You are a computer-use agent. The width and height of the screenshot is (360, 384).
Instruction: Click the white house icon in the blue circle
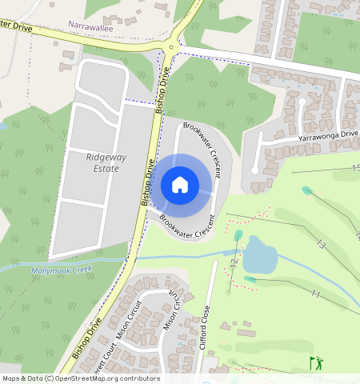[x=180, y=185]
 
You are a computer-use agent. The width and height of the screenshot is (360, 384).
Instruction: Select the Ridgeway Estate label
[x=106, y=163]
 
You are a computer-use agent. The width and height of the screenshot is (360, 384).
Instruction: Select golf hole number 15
[x=355, y=168]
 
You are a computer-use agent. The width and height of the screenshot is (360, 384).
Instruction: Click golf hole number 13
[x=321, y=244]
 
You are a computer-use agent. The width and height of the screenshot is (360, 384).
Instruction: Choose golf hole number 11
[x=315, y=294]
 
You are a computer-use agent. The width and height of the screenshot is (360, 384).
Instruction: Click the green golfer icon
[x=316, y=363]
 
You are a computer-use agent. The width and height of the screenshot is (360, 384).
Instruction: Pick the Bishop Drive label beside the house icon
[x=149, y=182]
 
